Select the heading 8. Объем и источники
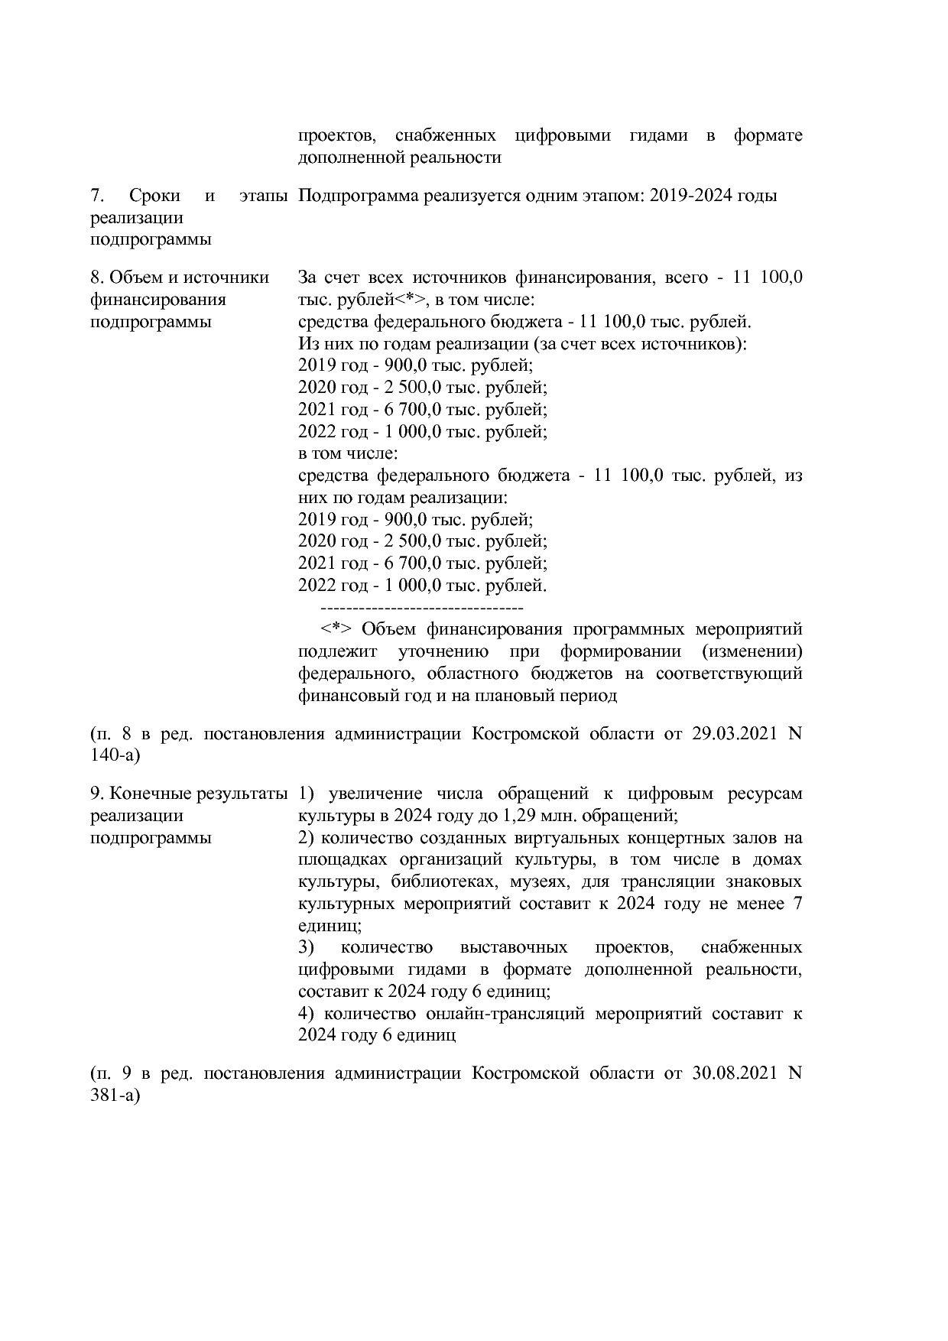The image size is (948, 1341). (180, 277)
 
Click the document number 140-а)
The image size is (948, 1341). (115, 756)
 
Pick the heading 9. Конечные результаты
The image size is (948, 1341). (189, 794)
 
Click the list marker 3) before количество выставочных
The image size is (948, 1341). (307, 948)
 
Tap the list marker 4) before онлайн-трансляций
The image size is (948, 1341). (307, 1015)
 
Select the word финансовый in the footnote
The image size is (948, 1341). (343, 696)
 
